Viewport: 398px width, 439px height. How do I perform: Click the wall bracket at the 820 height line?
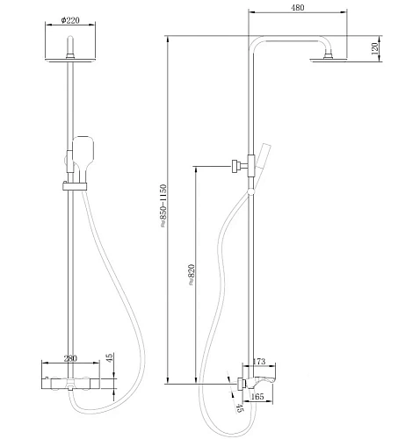pyautogui.click(x=236, y=164)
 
